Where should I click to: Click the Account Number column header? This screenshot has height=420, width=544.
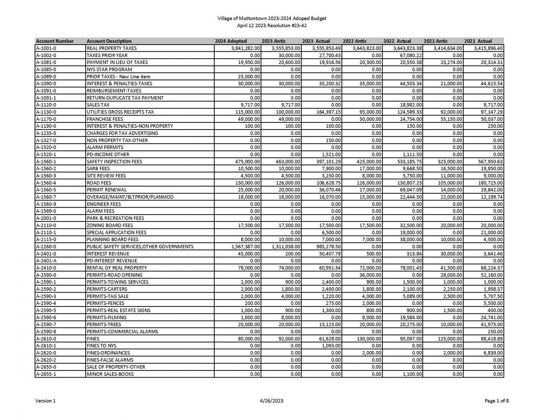coord(55,41)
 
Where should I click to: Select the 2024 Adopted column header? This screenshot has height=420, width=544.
coord(231,41)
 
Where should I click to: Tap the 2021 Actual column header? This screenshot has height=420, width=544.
coord(478,41)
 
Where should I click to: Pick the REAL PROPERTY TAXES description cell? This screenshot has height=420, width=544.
coord(112,48)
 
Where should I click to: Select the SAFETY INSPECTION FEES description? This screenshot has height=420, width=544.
coord(114,162)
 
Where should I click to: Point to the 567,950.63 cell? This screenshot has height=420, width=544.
coord(488,162)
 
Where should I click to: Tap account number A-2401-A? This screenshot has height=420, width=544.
coord(46,261)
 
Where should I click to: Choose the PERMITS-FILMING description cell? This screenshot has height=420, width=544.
coord(107,317)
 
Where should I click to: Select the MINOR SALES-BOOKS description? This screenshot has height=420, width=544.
coord(110,374)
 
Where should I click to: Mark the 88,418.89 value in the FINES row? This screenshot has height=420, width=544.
coord(490,339)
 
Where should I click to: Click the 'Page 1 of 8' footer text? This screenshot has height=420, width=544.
coord(497,401)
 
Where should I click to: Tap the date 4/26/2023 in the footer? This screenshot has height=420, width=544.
coord(271,401)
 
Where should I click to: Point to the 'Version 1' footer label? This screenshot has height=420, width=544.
coord(45,401)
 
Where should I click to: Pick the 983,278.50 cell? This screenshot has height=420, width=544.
coord(329,247)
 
